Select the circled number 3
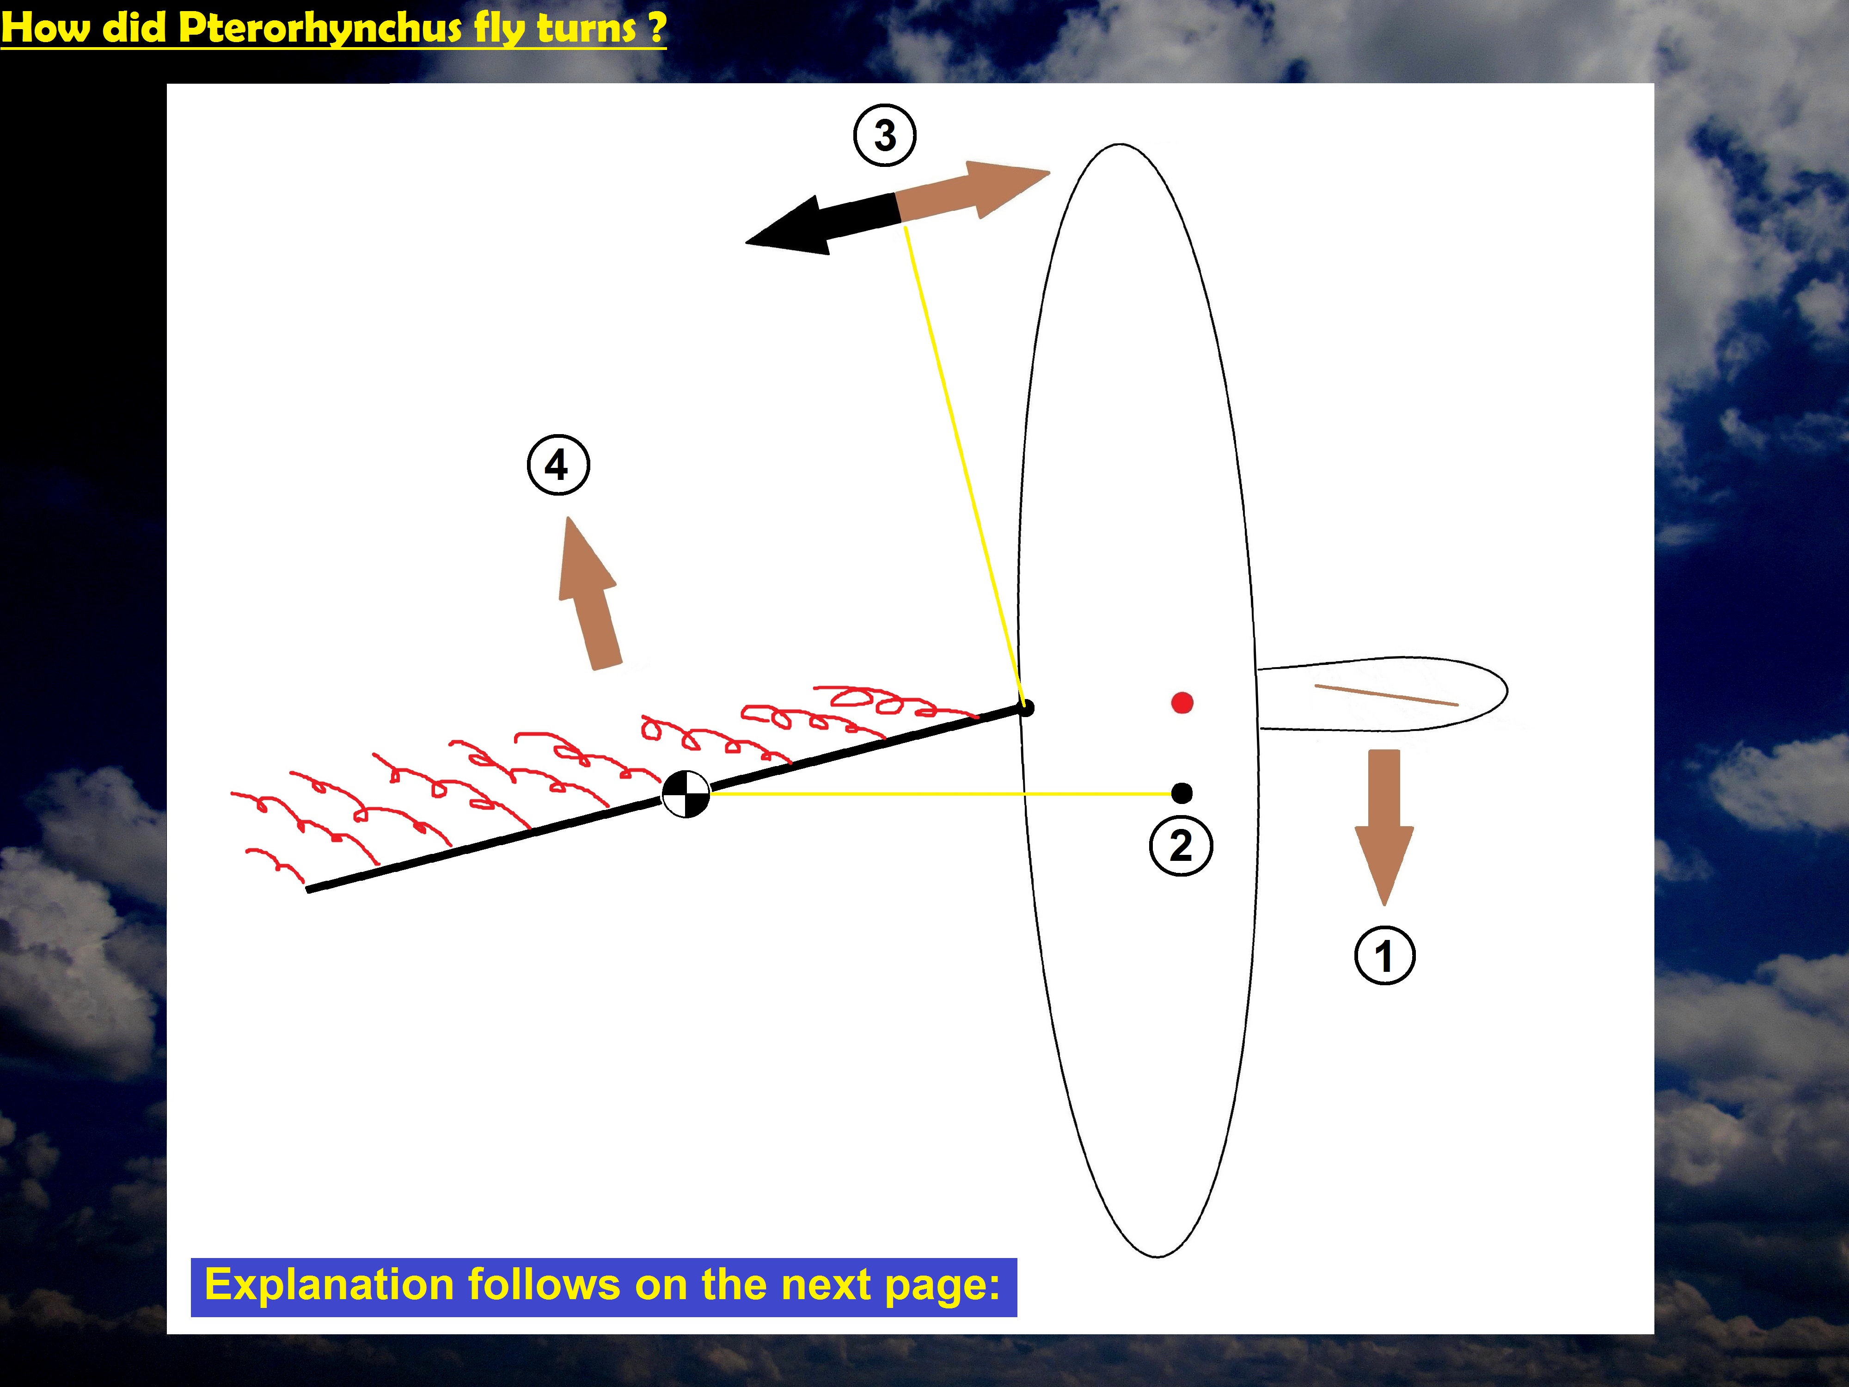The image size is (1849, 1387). (884, 135)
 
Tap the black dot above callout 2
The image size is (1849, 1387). (1182, 792)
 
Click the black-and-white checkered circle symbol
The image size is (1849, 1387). (686, 793)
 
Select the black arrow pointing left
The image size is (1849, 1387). (823, 224)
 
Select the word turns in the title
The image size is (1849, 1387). (587, 28)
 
